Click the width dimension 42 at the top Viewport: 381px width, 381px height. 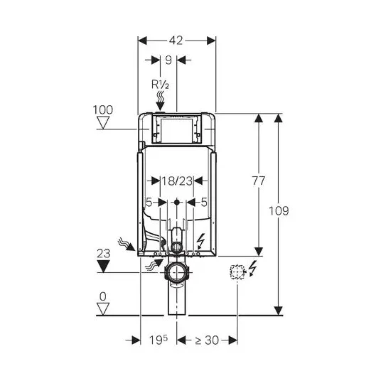pos(176,41)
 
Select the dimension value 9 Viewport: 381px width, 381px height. pos(168,60)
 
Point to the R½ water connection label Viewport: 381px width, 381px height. pos(160,85)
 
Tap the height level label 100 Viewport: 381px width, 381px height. pos(103,110)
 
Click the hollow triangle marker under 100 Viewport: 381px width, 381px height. pos(103,122)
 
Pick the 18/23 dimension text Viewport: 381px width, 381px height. pos(177,181)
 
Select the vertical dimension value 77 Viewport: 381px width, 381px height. pos(258,181)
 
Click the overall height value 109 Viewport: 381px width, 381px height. pos(279,210)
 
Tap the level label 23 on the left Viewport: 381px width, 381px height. pos(104,254)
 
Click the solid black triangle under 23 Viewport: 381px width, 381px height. pos(104,267)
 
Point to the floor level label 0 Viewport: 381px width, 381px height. pos(103,296)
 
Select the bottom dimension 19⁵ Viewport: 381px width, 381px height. pos(159,340)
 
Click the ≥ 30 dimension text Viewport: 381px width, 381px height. pos(207,340)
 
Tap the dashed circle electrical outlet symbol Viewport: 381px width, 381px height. pos(237,272)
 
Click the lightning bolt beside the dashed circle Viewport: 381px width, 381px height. pos(253,268)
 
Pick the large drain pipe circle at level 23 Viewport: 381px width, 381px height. pos(176,272)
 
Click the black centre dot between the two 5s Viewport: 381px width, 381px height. pos(177,202)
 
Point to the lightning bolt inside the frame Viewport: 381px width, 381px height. pos(200,241)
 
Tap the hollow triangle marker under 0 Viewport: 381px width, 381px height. pos(103,308)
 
